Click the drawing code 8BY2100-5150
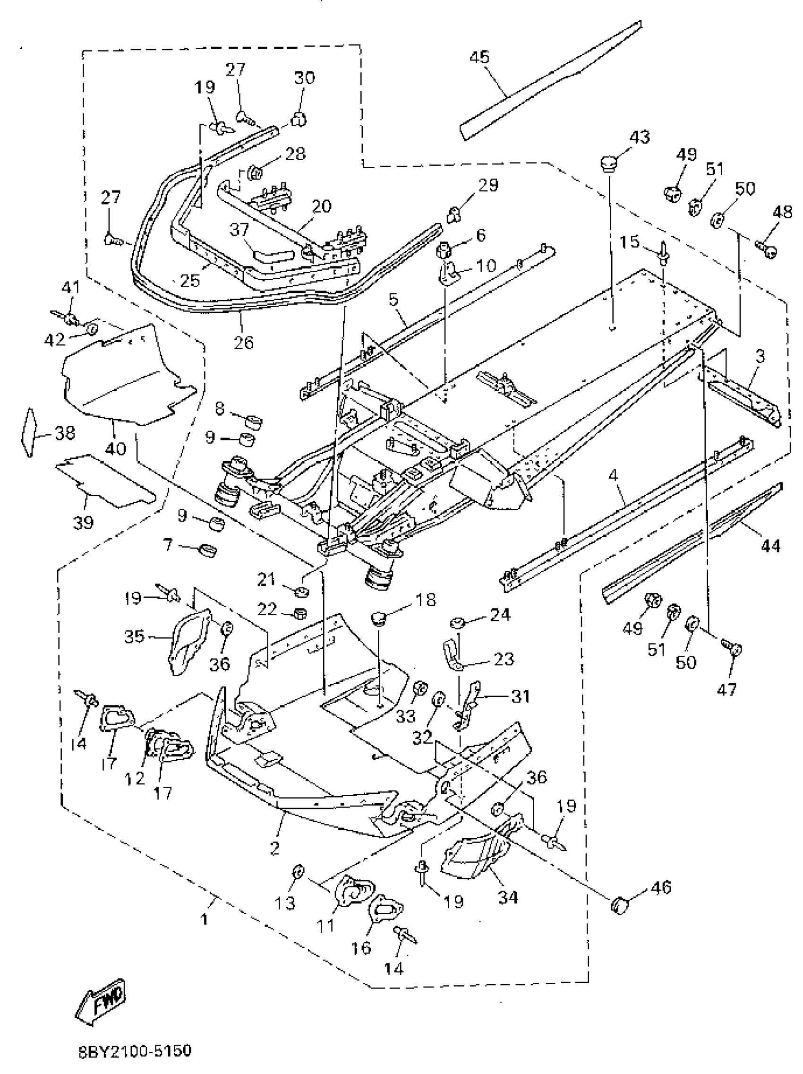(135, 1051)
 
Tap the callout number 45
(479, 57)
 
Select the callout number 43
(639, 137)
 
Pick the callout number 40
(116, 448)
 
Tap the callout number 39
(83, 523)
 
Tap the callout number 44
(770, 546)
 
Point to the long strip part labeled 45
(548, 85)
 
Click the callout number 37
(239, 229)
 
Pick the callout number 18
(425, 600)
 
